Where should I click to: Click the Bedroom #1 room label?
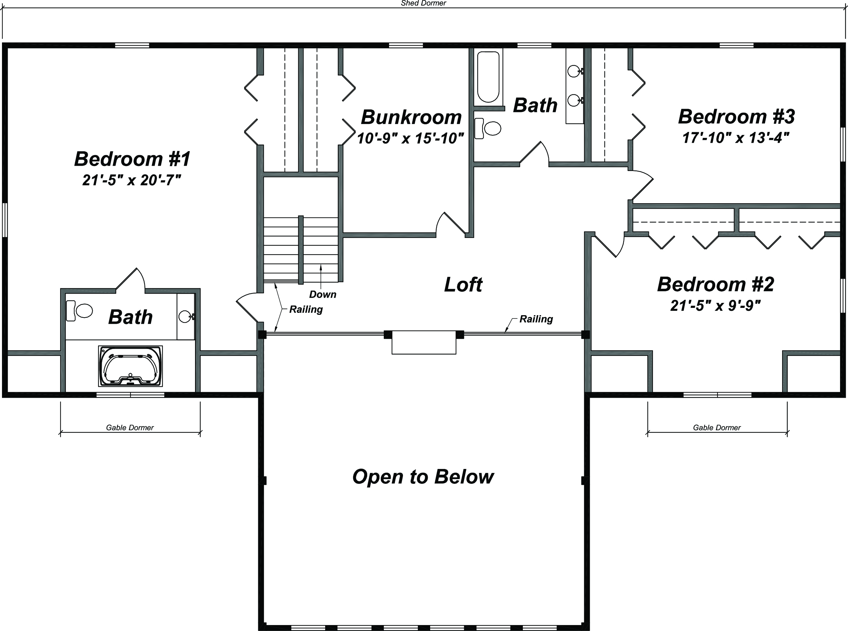point(132,159)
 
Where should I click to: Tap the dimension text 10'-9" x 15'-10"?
point(410,138)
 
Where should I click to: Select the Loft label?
point(463,285)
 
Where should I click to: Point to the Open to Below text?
point(423,477)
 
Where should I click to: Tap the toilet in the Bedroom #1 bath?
point(79,311)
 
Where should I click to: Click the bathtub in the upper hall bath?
point(488,77)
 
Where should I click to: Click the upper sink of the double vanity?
point(574,71)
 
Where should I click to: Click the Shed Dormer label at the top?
point(423,3)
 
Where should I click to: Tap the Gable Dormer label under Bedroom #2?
point(717,428)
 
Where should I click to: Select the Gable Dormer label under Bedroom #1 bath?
point(130,428)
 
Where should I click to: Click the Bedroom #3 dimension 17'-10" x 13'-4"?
point(735,138)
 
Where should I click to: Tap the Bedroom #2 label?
point(715,285)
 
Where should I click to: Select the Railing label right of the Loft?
point(536,319)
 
